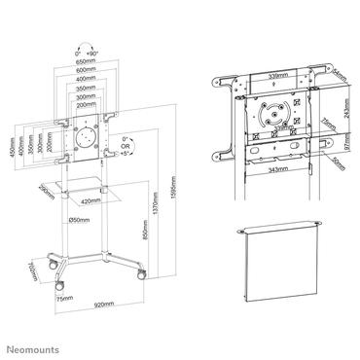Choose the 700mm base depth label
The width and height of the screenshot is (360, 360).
pos(33,268)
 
